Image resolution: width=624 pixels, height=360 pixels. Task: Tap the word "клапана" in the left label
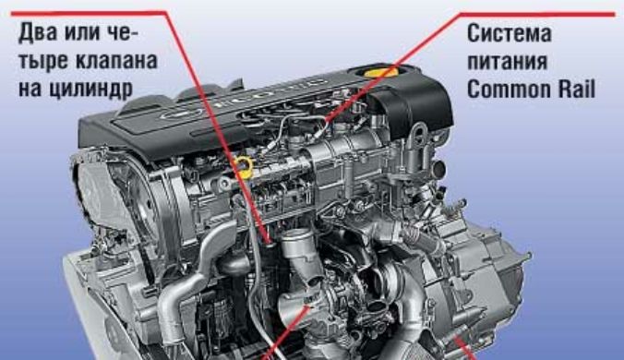click(116, 61)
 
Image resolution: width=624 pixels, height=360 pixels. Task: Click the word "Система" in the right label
click(509, 33)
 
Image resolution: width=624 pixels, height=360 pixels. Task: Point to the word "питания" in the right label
click(507, 61)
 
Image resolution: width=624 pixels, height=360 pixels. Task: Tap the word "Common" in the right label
click(510, 90)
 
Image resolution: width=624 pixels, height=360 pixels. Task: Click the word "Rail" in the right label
click(576, 90)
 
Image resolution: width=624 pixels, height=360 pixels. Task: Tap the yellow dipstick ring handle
click(244, 166)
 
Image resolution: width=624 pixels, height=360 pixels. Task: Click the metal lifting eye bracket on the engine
click(419, 137)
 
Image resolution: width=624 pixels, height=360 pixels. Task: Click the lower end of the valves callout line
click(270, 241)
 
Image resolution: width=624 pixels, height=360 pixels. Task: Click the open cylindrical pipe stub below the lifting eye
click(439, 170)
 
